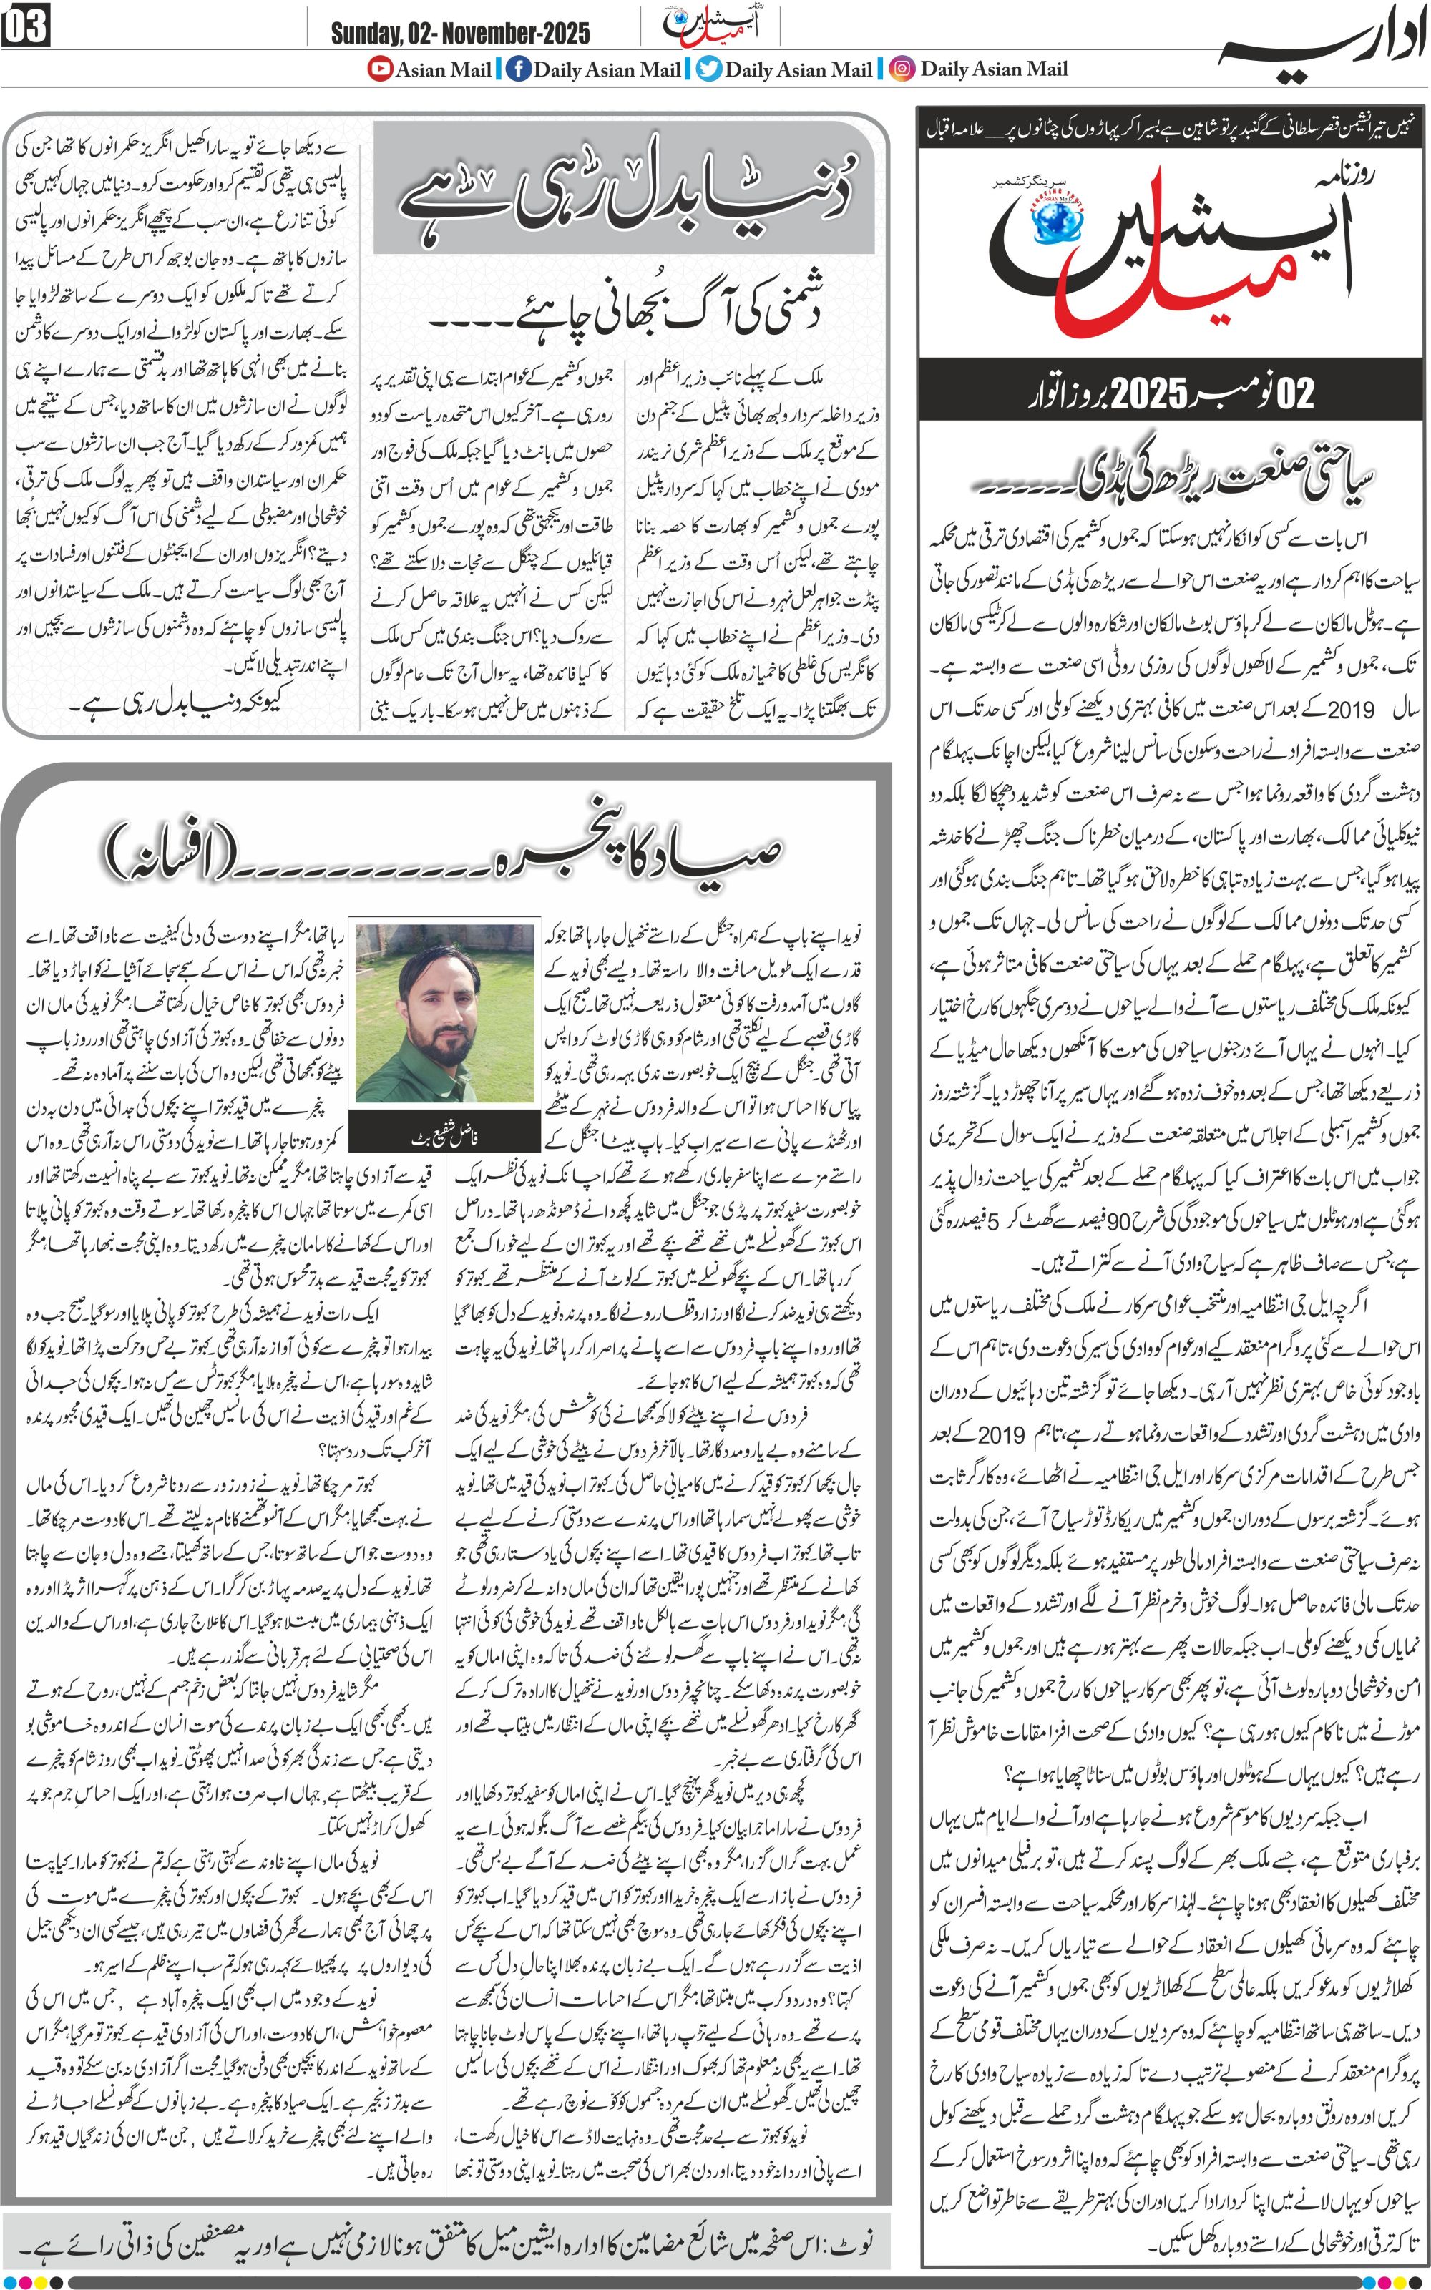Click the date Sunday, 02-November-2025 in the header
click(x=460, y=34)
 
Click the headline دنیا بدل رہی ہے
click(x=625, y=190)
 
